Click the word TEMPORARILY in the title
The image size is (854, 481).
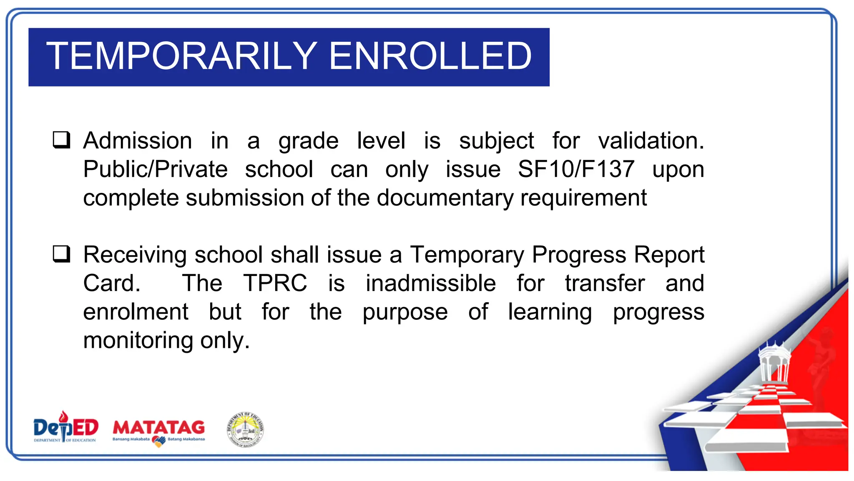click(182, 56)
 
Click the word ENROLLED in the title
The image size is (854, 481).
click(430, 56)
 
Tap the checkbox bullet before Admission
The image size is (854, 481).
click(61, 140)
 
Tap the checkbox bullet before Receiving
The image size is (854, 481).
click(61, 254)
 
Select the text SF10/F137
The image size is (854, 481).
click(576, 169)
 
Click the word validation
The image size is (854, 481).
click(651, 140)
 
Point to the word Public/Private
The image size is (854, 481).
click(155, 169)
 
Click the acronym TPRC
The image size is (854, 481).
click(275, 283)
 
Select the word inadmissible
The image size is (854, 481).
click(430, 283)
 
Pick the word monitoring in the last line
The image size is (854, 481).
click(138, 341)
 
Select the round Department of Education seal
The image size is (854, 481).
click(246, 430)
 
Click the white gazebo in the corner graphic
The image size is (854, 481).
click(774, 363)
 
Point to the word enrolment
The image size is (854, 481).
click(136, 312)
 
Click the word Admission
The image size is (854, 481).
click(138, 140)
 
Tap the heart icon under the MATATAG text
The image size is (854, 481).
click(158, 441)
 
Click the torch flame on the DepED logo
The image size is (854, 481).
click(63, 416)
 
